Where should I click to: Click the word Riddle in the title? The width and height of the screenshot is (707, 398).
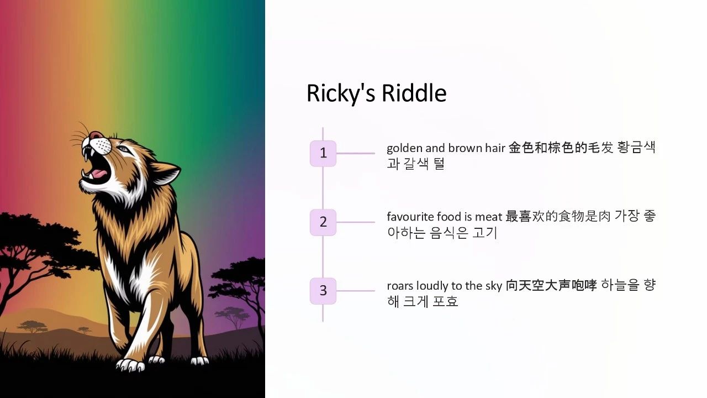(x=414, y=93)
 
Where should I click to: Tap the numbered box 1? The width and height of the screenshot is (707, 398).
(x=323, y=154)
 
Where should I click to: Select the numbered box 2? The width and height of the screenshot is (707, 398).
(x=323, y=222)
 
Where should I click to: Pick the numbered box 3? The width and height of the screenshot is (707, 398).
(x=323, y=291)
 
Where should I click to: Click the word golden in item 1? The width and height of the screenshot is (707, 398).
(x=405, y=148)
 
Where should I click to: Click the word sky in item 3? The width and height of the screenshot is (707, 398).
(x=494, y=286)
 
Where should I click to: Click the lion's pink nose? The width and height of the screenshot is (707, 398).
(x=94, y=135)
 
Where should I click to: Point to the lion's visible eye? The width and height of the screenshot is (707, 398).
(x=124, y=149)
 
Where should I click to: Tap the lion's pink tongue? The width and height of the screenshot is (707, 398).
(x=98, y=174)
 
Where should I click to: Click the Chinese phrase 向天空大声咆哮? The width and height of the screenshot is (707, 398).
(x=551, y=285)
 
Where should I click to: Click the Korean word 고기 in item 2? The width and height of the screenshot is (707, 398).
(x=485, y=233)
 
